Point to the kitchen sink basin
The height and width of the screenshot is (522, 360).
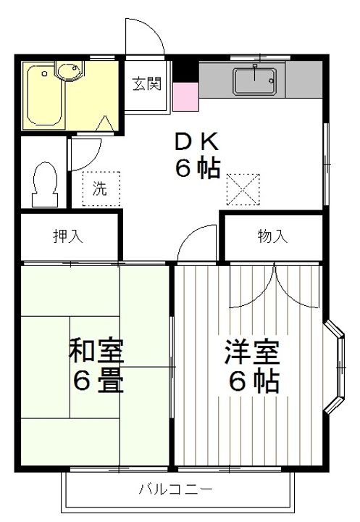tap(254, 80)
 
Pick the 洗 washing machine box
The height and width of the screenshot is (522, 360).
tap(99, 188)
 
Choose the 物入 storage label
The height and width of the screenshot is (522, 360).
tap(272, 236)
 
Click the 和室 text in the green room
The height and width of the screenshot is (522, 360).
tap(96, 351)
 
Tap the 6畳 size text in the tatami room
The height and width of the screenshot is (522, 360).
tap(96, 381)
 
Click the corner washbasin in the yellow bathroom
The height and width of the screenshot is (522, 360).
tap(71, 73)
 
